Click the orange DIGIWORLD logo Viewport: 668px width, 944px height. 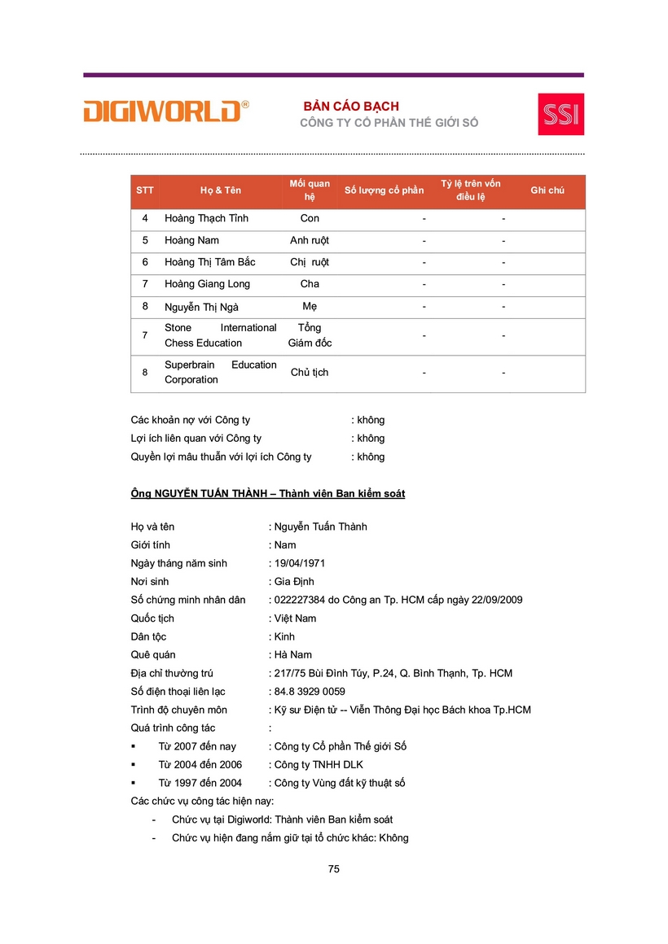(x=165, y=111)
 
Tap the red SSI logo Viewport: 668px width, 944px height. (x=560, y=114)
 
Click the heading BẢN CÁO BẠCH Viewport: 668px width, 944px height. (x=351, y=107)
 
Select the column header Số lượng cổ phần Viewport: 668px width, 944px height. (x=384, y=190)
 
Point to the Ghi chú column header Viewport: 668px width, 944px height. (x=547, y=190)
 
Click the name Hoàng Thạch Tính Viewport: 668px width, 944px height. (x=206, y=218)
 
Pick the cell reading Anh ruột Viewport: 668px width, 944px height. (x=310, y=240)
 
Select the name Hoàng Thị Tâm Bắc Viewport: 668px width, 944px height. (x=210, y=262)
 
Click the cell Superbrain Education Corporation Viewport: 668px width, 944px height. (x=220, y=373)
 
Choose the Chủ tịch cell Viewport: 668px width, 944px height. (x=310, y=373)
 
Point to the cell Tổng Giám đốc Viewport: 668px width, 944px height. (x=310, y=335)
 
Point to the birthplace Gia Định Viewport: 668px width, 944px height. (x=293, y=582)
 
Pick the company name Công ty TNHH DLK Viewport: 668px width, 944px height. (x=319, y=765)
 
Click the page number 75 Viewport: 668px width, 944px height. (x=334, y=869)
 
